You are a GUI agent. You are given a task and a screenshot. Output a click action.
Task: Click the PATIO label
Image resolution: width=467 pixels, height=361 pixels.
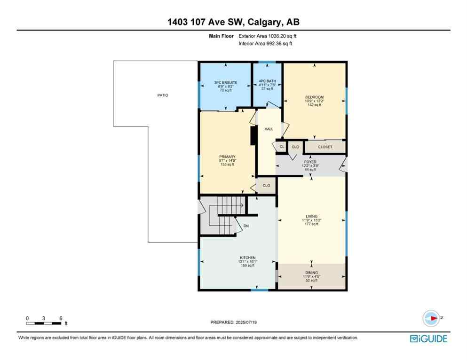tap(162, 95)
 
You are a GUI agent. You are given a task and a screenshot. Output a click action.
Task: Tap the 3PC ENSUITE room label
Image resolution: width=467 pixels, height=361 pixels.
tap(224, 82)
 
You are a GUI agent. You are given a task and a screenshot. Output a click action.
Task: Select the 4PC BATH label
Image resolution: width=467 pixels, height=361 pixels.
tap(267, 81)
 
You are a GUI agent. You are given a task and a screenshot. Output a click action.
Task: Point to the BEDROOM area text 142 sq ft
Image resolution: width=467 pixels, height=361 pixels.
tap(314, 105)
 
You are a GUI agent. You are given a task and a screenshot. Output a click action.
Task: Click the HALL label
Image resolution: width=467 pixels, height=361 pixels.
tap(269, 129)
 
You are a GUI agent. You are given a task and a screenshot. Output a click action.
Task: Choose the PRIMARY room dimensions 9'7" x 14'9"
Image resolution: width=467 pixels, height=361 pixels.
tap(228, 161)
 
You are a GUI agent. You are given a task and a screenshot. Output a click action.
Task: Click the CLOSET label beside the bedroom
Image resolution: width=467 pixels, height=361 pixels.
tap(325, 147)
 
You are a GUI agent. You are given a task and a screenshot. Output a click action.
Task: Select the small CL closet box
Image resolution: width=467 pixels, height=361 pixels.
tap(282, 147)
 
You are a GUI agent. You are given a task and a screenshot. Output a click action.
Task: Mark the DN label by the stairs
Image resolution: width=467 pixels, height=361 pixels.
tap(246, 226)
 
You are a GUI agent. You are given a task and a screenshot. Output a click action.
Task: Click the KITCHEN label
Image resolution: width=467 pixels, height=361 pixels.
tap(248, 258)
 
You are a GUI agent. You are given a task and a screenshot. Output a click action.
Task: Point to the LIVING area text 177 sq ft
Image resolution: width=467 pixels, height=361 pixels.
tap(312, 224)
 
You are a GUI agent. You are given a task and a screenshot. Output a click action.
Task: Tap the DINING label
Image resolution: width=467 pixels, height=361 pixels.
tap(311, 273)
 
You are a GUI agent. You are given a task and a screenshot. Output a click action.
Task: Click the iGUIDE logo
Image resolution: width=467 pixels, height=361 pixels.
tap(428, 338)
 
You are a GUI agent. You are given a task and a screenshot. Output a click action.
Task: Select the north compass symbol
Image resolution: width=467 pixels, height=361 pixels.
tap(431, 318)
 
